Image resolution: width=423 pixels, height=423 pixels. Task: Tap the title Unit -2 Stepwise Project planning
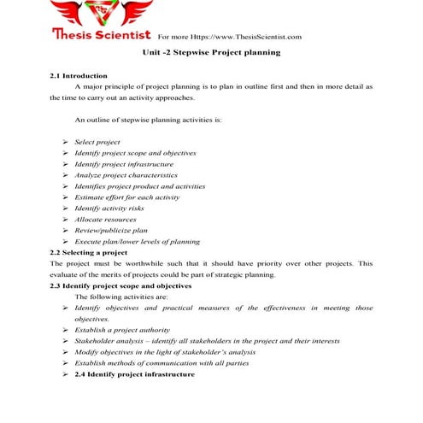click(211, 53)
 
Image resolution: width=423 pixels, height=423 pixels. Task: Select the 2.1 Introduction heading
click(79, 76)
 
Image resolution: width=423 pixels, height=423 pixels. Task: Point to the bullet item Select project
click(97, 141)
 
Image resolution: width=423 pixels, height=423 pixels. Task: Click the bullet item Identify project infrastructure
click(124, 163)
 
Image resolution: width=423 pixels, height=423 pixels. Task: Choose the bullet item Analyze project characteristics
click(126, 174)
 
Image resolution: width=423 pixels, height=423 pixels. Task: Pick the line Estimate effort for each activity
click(126, 197)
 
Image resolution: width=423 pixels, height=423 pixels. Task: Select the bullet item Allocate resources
click(106, 220)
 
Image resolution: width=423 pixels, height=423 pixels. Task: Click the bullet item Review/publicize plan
click(111, 231)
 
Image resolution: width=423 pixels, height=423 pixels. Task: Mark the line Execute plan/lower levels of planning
click(137, 242)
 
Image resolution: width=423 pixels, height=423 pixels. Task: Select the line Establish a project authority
click(122, 330)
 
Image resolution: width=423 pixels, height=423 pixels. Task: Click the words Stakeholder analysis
click(105, 341)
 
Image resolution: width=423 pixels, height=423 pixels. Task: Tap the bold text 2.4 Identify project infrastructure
click(135, 374)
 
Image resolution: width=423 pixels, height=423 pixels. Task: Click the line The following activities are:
click(115, 297)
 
